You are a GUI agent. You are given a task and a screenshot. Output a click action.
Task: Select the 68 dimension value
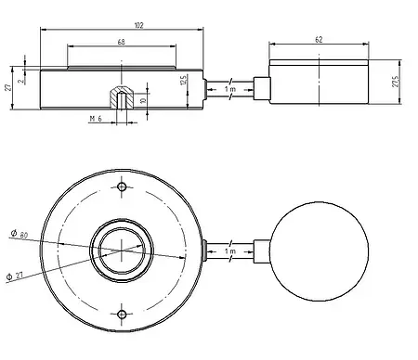(x=123, y=43)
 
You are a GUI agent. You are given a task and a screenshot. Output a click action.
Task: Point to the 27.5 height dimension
(x=394, y=84)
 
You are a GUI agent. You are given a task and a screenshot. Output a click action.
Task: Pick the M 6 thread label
(x=94, y=120)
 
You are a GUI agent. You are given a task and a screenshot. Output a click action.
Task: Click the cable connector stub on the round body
(x=203, y=251)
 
